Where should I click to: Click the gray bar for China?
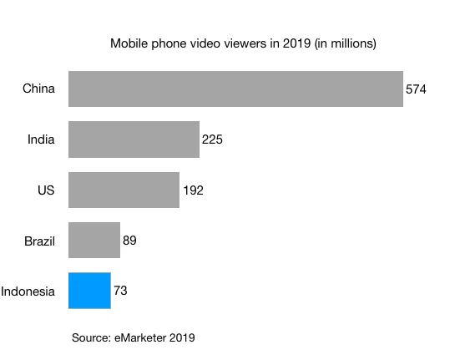[235, 89]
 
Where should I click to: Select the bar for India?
[134, 139]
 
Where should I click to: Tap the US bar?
[124, 190]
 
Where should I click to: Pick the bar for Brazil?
[94, 241]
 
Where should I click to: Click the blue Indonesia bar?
[89, 292]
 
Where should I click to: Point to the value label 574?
[417, 89]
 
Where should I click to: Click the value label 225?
[212, 139]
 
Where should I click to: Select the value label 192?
[193, 190]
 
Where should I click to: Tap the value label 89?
[129, 241]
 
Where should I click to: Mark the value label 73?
[120, 292]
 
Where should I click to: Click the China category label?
[38, 89]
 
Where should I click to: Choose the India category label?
[41, 139]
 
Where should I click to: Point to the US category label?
[45, 190]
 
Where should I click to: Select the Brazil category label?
[39, 241]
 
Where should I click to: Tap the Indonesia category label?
[28, 292]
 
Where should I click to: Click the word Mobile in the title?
[129, 43]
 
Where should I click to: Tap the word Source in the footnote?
[92, 337]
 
